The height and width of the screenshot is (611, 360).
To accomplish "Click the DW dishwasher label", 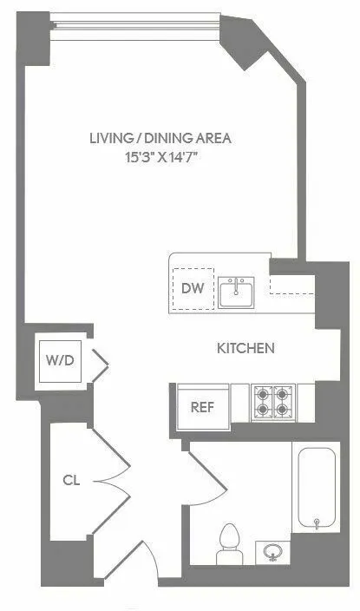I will click(193, 290).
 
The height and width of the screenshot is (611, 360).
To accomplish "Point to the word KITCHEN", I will click(245, 349).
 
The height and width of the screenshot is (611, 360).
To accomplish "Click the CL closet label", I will click(71, 479).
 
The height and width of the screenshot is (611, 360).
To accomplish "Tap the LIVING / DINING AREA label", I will click(163, 138).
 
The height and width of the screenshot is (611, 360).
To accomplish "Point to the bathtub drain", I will click(317, 522).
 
